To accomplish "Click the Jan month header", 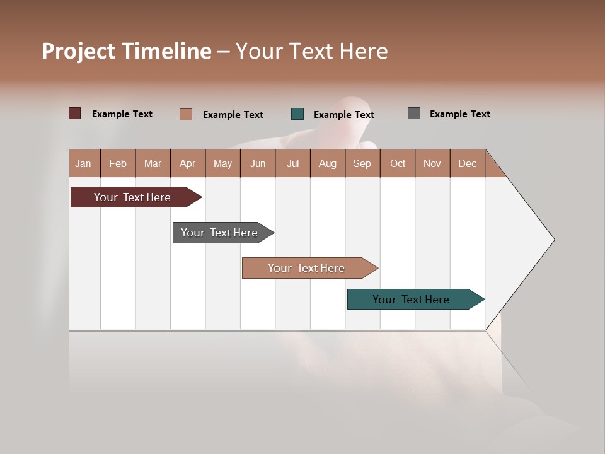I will point(83,163).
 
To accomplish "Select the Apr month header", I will point(187,163).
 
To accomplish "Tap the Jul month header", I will point(292,163).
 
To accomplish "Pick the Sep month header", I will point(362,163).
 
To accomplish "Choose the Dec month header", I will point(467,163).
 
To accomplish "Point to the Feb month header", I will point(118,163).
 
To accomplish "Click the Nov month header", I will point(432,163).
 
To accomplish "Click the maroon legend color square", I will point(74,113).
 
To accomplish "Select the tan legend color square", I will point(185,114).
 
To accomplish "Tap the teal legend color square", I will point(297,114).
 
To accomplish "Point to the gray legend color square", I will point(413,113).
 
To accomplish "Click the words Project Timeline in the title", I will point(127,51).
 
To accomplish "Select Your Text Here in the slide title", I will point(311,51).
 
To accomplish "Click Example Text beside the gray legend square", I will point(459,114).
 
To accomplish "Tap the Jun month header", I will point(257,163).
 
